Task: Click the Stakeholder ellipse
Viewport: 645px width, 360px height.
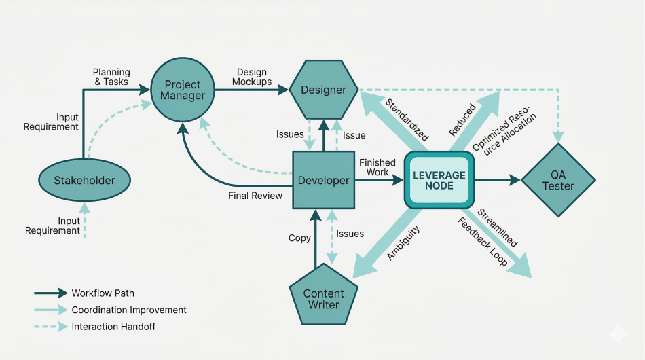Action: [x=84, y=180]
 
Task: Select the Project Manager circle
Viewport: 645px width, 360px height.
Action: [x=183, y=90]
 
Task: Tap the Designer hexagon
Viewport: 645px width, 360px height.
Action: [x=323, y=90]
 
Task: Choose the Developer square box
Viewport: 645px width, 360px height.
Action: [x=323, y=180]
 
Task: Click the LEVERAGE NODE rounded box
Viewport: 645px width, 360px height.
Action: [x=439, y=180]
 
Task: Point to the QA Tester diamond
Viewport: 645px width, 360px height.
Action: [x=558, y=180]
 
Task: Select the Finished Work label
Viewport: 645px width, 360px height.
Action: [x=378, y=167]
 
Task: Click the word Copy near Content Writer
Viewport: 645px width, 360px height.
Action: [x=299, y=238]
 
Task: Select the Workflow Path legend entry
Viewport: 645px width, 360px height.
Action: [x=103, y=293]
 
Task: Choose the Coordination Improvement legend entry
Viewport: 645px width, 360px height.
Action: [x=128, y=310]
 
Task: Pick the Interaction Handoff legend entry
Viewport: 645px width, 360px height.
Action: [x=113, y=327]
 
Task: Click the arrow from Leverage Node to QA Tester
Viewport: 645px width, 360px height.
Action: [x=498, y=180]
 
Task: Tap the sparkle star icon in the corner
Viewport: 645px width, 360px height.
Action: [x=618, y=334]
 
